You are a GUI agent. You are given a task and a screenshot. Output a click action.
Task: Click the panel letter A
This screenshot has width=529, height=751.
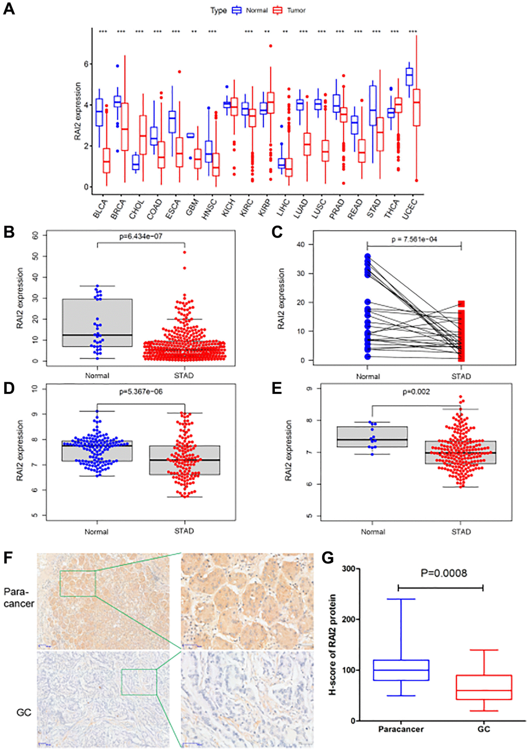(9, 9)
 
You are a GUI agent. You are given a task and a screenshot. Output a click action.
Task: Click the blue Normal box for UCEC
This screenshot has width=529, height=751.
(409, 76)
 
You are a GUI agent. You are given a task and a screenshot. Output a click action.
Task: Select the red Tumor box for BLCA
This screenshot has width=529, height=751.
(106, 160)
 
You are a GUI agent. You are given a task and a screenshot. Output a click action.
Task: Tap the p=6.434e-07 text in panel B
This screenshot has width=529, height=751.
(141, 236)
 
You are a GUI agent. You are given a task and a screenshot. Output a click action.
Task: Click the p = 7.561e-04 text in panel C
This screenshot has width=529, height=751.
(414, 239)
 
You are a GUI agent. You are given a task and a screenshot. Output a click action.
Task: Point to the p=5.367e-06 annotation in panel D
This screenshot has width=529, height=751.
(141, 391)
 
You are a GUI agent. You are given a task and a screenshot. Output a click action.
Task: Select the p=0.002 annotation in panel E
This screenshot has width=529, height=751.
(416, 391)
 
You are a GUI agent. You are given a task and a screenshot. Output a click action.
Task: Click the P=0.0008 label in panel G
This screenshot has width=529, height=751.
(443, 573)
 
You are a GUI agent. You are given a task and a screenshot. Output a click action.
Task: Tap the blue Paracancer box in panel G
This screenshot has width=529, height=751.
(401, 670)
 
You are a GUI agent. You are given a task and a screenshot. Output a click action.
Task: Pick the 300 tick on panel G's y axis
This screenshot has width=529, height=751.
(349, 569)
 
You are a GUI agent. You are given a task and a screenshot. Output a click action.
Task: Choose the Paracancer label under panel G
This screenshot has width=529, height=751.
(400, 729)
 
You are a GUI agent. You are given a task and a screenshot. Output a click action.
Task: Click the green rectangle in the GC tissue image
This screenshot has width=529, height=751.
(138, 682)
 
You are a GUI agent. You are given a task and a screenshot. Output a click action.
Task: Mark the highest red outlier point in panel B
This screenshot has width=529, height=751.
(184, 252)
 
